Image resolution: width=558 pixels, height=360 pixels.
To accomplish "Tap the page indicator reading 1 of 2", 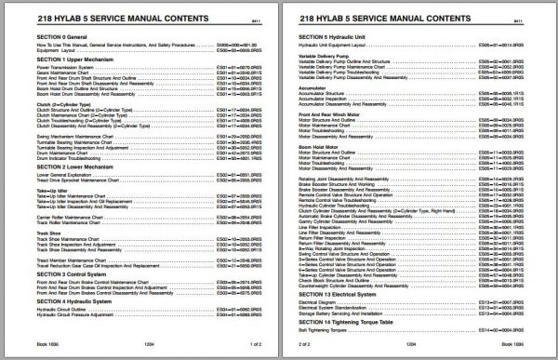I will click(x=258, y=344).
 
